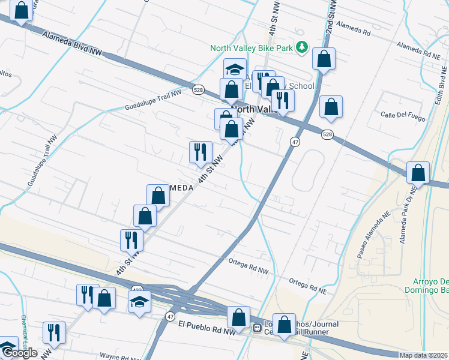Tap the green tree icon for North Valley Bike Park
pyautogui.click(x=303, y=47)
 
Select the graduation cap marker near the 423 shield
pyautogui.click(x=139, y=300)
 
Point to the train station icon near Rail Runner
pyautogui.click(x=256, y=328)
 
